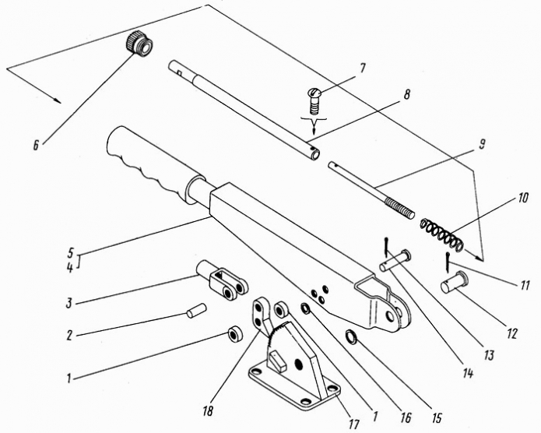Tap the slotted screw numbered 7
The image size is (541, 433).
pos(314,100)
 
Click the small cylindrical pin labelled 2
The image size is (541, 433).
pos(196,310)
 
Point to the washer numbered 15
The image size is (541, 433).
pos(352,336)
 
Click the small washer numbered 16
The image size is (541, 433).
pos(306,308)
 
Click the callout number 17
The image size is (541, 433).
pos(353,424)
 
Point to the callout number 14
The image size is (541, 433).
pos(468,373)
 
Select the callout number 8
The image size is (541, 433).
pos(407,94)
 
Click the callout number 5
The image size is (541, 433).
pos(70,253)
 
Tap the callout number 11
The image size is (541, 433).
pos(525,285)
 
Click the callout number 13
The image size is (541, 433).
pos(489,355)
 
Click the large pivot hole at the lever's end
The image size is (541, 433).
pos(390,316)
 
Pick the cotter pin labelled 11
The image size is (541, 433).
pos(447,262)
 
